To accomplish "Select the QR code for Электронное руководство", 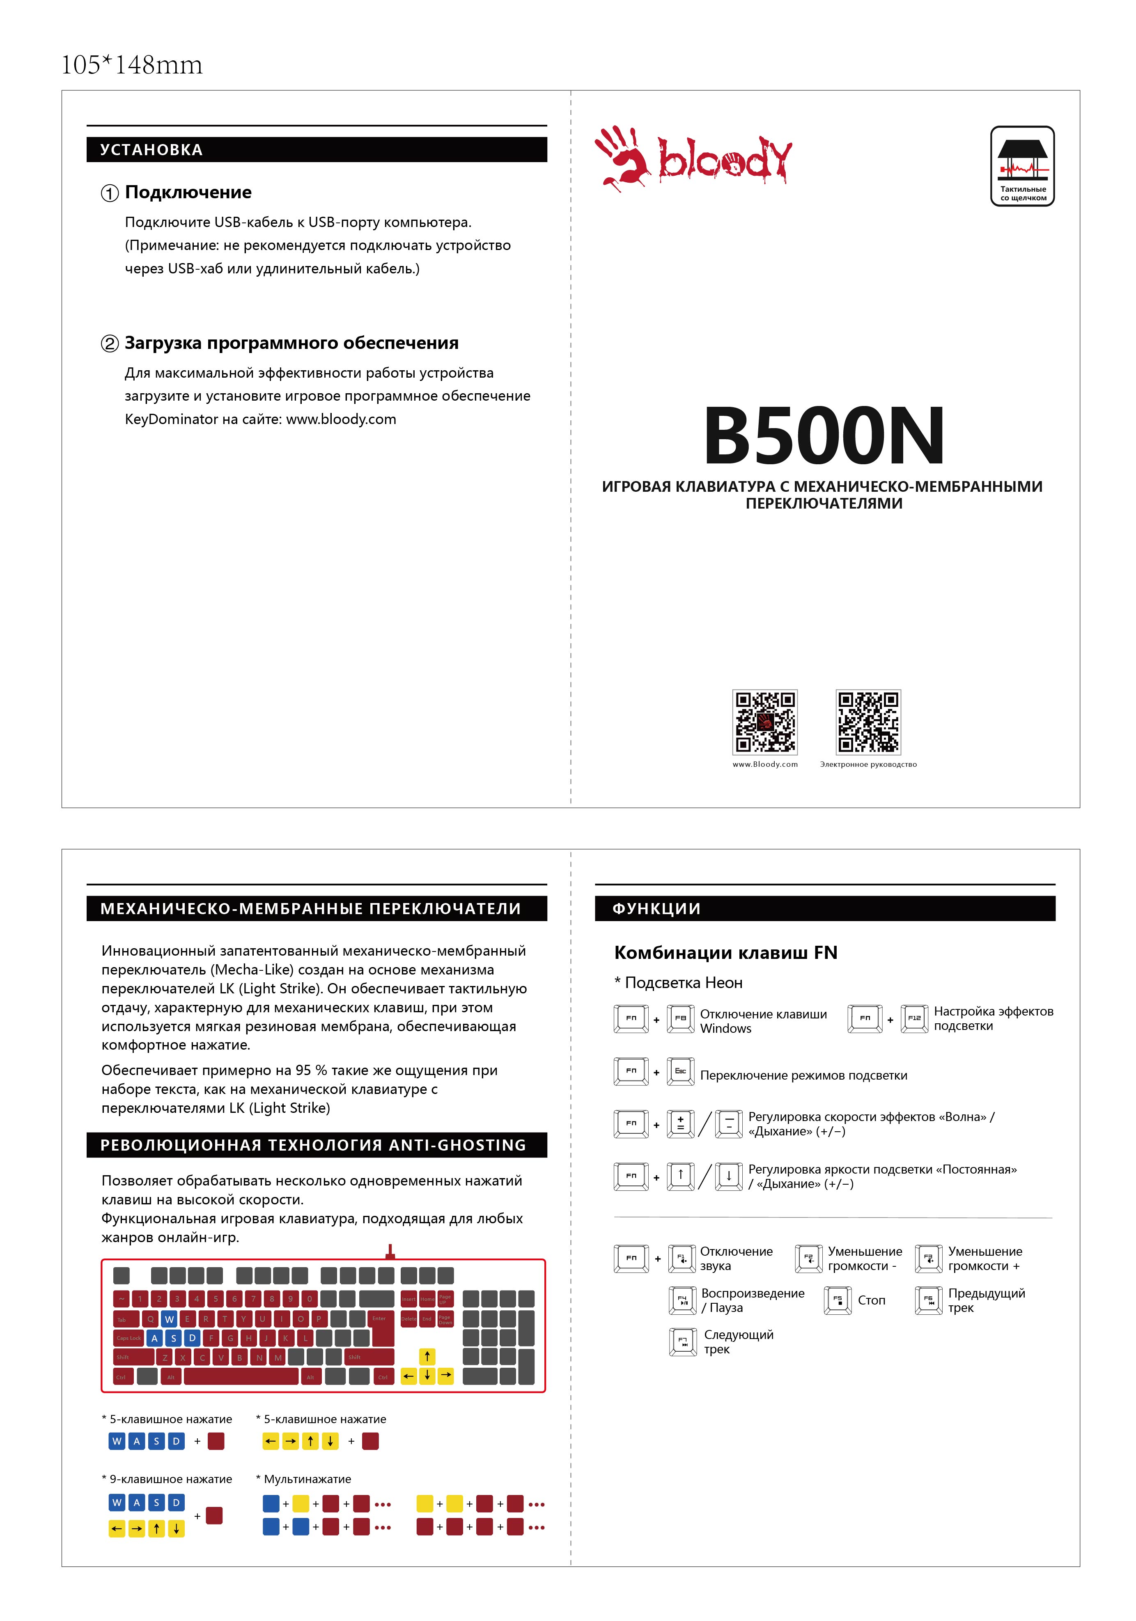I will point(868,722).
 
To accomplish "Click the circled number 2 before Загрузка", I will point(110,344).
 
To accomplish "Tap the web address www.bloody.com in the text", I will point(341,420).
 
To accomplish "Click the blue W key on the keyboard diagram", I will point(169,1319).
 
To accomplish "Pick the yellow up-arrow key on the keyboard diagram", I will point(427,1356).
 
